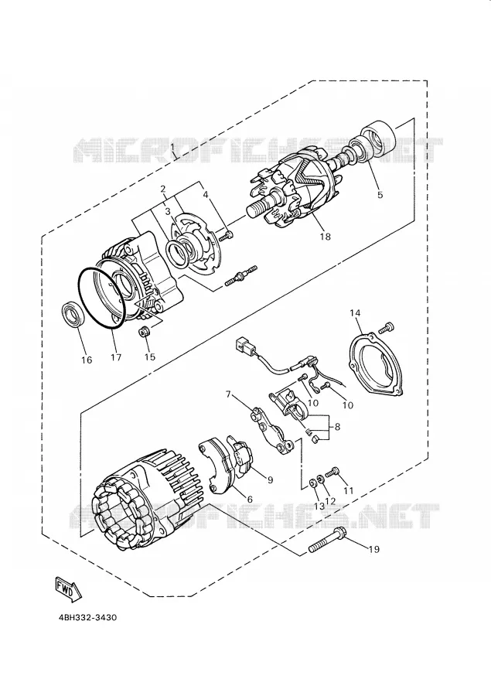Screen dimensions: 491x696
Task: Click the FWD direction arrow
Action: (x=66, y=589)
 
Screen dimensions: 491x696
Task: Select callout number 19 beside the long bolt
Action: (x=374, y=549)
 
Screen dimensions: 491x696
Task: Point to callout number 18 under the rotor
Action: (x=326, y=237)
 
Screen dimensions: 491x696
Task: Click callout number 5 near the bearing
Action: (x=380, y=194)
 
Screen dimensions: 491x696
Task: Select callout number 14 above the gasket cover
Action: (x=355, y=313)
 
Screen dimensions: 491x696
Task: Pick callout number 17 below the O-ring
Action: (x=116, y=357)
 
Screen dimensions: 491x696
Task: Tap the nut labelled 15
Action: (x=144, y=331)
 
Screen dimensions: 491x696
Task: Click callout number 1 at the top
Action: (x=172, y=145)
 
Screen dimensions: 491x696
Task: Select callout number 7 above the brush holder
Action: (x=228, y=394)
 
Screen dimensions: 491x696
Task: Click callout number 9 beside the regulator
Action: (x=270, y=479)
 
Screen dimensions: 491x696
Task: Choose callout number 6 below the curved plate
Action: (x=250, y=500)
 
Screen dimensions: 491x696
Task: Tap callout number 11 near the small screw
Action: (x=348, y=490)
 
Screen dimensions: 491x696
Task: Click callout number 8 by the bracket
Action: (x=337, y=427)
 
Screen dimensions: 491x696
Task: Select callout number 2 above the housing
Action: (x=163, y=189)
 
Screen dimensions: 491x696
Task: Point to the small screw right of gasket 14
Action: (x=387, y=328)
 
